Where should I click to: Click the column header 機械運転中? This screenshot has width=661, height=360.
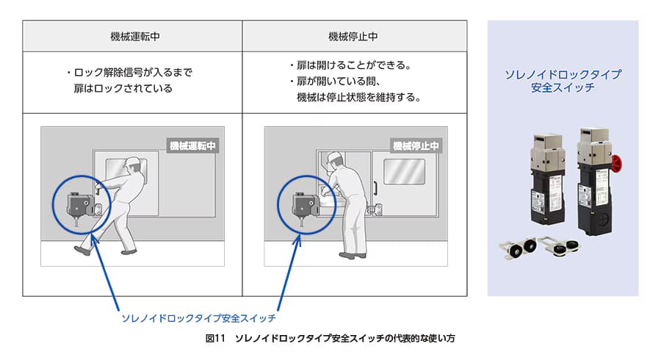[x=135, y=37]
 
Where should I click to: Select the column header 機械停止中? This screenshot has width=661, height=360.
[x=353, y=37]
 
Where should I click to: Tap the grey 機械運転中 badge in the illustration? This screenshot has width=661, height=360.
[x=192, y=145]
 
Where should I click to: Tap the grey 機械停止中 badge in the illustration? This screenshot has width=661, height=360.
[x=416, y=145]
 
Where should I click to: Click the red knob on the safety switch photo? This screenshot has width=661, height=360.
[x=617, y=164]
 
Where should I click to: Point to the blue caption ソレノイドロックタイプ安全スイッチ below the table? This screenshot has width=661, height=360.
[x=198, y=318]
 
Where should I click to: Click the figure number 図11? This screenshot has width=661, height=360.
[x=215, y=338]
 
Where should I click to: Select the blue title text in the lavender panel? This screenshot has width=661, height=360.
[x=563, y=81]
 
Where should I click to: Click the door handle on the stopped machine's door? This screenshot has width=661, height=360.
[x=375, y=188]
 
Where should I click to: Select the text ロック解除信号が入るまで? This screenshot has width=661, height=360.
[x=133, y=73]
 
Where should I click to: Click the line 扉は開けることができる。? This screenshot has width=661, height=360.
[x=354, y=65]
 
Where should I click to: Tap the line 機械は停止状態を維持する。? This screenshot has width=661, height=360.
[x=358, y=98]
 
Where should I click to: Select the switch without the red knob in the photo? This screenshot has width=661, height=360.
[x=548, y=179]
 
